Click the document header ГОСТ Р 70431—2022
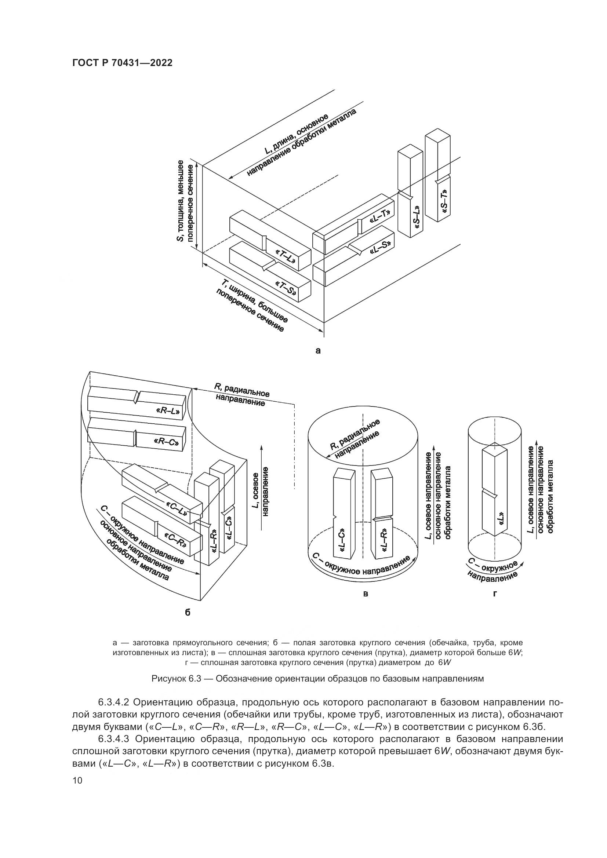[122, 63]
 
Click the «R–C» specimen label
[166, 442]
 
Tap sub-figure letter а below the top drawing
[318, 351]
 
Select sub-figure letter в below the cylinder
[366, 594]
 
